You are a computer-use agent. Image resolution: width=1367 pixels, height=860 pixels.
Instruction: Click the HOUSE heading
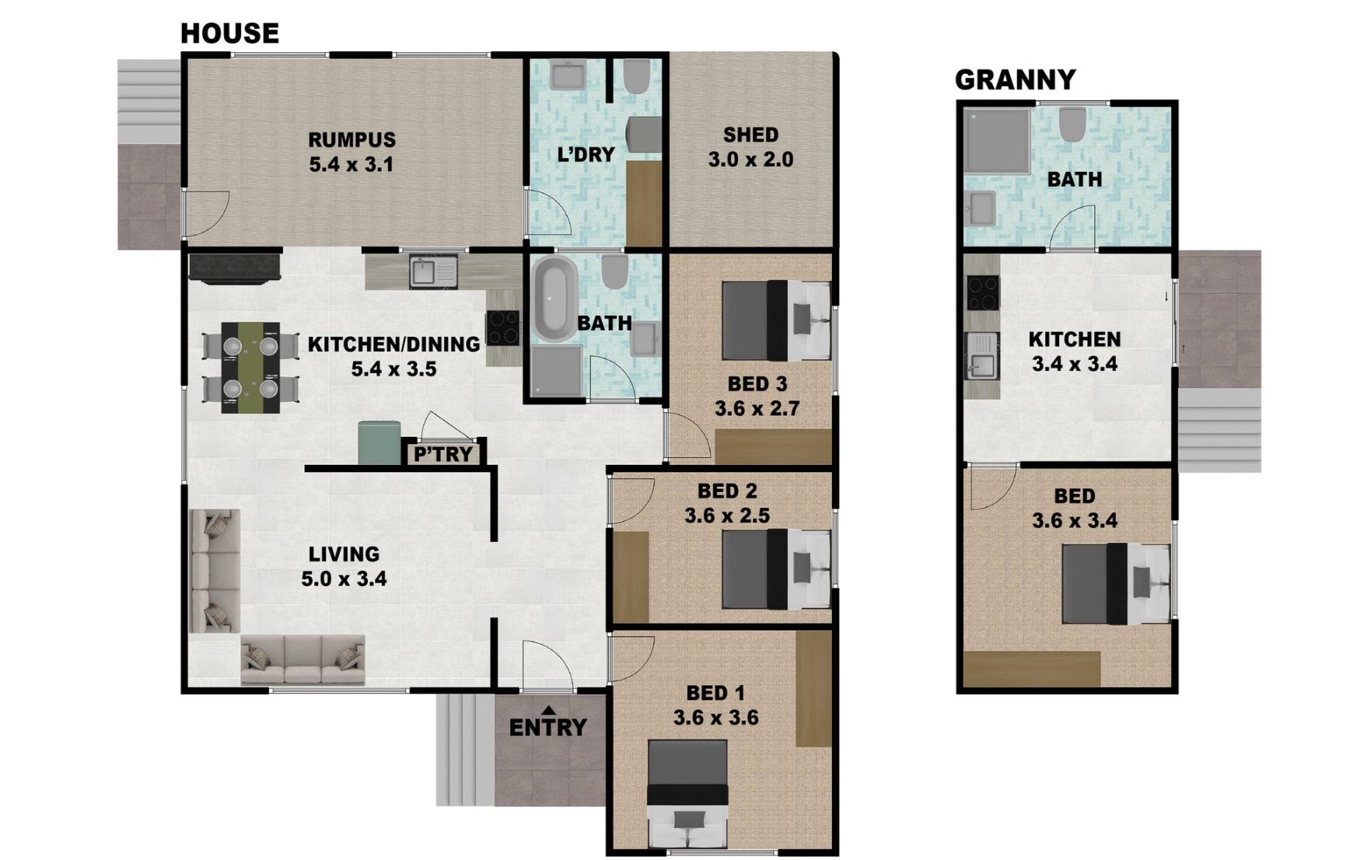click(229, 33)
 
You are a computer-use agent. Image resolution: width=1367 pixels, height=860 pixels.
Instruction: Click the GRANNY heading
click(1015, 79)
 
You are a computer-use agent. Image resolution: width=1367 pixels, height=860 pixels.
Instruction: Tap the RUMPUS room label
click(351, 140)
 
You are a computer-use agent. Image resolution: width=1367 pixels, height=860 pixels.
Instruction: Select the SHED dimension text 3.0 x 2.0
click(750, 159)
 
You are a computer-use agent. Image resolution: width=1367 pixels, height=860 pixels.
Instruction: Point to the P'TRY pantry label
click(442, 454)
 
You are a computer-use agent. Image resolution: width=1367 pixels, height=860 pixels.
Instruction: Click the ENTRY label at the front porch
click(548, 728)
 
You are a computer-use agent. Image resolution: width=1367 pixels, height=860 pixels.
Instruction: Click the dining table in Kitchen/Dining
click(250, 368)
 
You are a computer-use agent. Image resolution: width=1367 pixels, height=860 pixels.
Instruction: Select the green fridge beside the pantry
click(379, 442)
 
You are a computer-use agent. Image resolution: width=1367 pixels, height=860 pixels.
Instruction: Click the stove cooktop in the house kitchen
click(503, 327)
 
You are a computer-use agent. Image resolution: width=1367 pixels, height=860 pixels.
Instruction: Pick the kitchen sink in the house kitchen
click(434, 272)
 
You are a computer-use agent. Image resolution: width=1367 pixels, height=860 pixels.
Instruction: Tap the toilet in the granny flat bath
click(1072, 124)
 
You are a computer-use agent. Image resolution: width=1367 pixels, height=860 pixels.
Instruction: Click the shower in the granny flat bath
click(997, 141)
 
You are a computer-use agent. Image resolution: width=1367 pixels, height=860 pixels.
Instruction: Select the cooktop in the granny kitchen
click(983, 293)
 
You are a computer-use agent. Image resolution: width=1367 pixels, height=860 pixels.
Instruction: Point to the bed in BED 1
click(688, 793)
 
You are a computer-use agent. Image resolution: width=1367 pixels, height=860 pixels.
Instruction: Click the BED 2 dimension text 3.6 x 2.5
click(727, 516)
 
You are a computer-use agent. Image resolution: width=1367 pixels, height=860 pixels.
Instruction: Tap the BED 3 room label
click(757, 383)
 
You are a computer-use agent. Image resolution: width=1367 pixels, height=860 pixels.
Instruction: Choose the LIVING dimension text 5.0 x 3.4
click(344, 579)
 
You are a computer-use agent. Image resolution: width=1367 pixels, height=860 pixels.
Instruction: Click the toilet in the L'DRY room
click(637, 75)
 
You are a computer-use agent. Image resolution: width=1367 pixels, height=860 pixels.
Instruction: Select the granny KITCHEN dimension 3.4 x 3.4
click(1075, 364)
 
